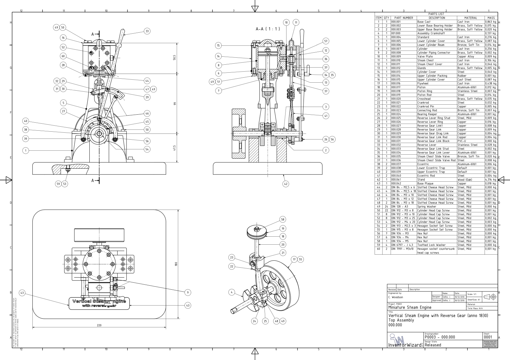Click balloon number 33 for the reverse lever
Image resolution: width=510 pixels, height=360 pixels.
(147, 31)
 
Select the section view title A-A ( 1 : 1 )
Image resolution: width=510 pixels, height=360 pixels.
(268, 29)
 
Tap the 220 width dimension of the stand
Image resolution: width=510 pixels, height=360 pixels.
(99, 325)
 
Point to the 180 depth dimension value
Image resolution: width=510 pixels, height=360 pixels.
(176, 264)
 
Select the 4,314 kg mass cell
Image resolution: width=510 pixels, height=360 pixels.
(491, 180)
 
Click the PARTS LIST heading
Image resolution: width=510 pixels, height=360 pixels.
(436, 14)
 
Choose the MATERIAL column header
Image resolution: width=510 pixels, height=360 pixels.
(471, 18)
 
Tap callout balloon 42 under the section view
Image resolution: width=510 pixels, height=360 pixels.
(286, 184)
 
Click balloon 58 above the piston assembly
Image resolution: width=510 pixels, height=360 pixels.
(283, 219)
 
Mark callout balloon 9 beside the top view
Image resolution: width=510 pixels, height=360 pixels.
(188, 292)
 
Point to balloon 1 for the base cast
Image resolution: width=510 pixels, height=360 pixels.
(25, 150)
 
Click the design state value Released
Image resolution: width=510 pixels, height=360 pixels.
(433, 345)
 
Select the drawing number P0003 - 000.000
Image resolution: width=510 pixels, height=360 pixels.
(440, 337)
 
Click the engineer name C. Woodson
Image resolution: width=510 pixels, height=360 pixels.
(396, 297)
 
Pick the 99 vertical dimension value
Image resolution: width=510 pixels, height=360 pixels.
(174, 104)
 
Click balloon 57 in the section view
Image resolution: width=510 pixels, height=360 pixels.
(326, 41)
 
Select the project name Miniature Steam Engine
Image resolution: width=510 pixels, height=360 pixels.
(410, 307)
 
